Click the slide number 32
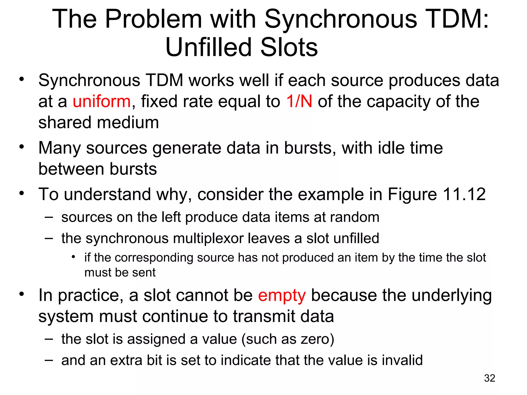[489, 378]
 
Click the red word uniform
[102, 101]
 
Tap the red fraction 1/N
[299, 101]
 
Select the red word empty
[282, 296]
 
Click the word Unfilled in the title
[208, 47]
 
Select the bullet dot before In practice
[22, 294]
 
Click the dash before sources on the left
[49, 217]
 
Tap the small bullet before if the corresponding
[74, 257]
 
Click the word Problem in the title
[154, 19]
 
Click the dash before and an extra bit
[49, 360]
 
